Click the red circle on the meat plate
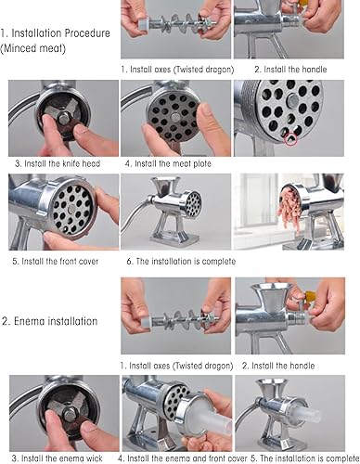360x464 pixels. pos(290,138)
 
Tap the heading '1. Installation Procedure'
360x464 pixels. pos(56,33)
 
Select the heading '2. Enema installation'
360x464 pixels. pos(50,321)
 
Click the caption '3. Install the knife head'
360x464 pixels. pos(58,163)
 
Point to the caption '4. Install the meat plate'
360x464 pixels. pos(168,163)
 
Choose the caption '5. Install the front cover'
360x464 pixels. pos(56,261)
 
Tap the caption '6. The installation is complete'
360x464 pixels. pos(181,262)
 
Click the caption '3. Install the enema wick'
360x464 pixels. pos(58,458)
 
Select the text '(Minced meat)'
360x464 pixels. pos(33,48)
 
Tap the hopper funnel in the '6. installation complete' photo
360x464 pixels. pos(165,187)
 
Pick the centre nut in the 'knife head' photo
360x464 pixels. pos(64,118)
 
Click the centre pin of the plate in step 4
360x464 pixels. pos(175,117)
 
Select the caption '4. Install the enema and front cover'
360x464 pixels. pos(183,458)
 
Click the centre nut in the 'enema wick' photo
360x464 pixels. pos(70,414)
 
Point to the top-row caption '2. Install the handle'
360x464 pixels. pos(290,70)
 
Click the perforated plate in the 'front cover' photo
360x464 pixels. pos(71,210)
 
